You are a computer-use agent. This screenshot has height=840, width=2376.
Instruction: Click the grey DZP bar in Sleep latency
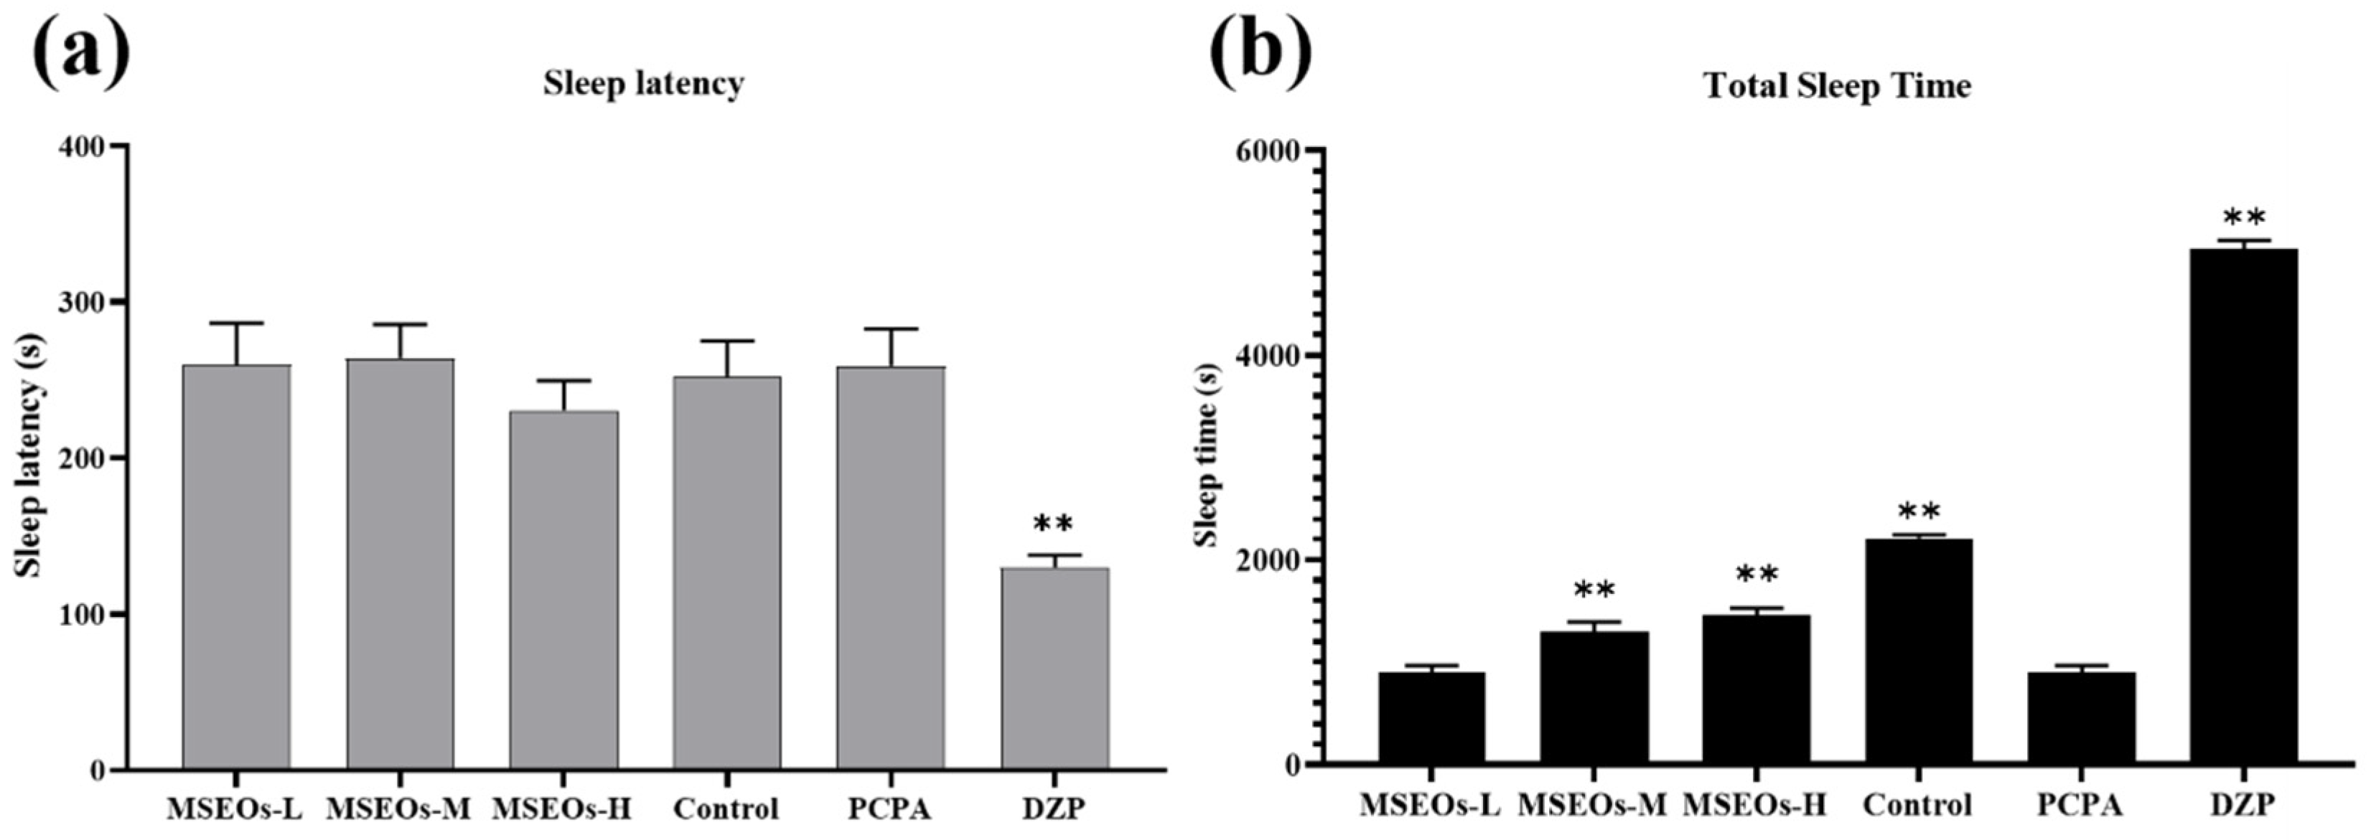point(1054,669)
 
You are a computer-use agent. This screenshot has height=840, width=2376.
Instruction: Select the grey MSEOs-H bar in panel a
point(563,590)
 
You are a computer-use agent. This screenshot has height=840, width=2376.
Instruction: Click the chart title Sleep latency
point(643,84)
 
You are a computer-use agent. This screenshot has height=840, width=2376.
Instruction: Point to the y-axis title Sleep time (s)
point(1207,453)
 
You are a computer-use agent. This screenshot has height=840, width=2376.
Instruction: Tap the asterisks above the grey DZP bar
point(1053,524)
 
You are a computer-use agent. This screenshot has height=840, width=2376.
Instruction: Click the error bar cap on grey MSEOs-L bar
point(237,324)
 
